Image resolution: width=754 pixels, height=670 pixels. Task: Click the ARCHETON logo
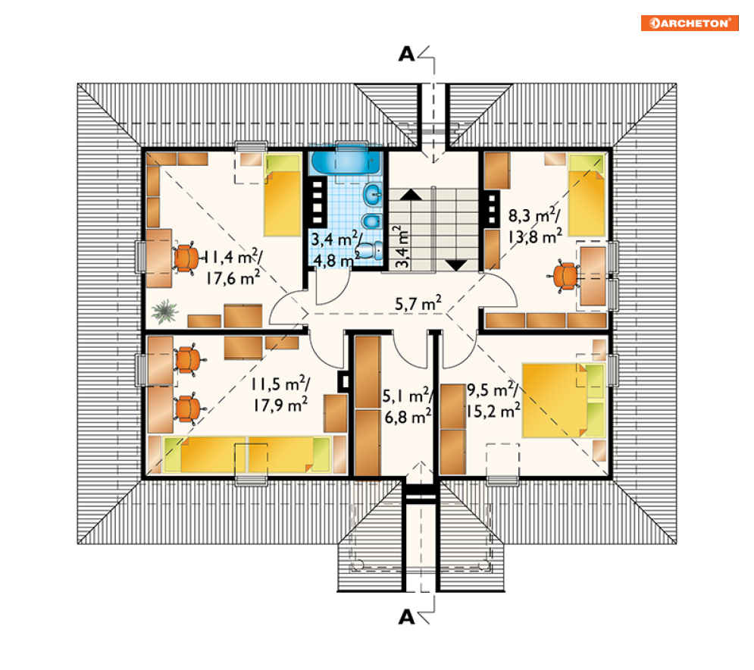pos(689,23)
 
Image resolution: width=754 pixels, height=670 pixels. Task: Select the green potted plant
pos(165,311)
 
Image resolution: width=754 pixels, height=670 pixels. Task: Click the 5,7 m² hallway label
pos(418,303)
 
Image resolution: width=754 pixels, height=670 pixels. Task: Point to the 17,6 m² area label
pos(233,277)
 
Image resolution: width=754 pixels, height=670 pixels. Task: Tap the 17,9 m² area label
pos(281,405)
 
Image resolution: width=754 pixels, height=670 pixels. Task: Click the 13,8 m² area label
pos(535,236)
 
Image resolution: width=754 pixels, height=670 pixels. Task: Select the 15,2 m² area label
pos(493,412)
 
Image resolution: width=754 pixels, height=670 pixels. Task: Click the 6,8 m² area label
pos(408,417)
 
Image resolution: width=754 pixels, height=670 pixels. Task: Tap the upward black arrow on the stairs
pos(410,194)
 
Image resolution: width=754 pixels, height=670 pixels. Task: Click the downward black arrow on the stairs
pos(456,265)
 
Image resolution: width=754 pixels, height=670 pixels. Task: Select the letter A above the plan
pos(406,55)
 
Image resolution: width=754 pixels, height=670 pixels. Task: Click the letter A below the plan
pos(406,617)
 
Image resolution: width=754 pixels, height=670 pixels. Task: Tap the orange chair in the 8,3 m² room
pos(565,277)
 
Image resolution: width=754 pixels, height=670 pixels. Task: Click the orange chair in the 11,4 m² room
pos(187,258)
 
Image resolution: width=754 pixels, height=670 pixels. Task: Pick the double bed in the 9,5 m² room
pos(563,401)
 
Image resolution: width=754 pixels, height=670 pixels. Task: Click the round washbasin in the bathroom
pos(373,195)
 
